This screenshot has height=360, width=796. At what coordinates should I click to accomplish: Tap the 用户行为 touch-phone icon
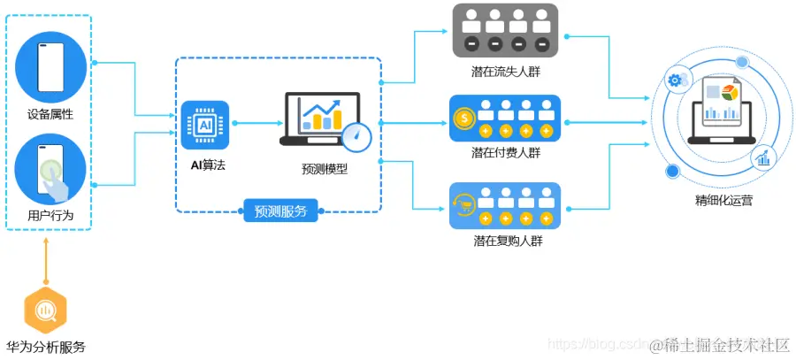50,169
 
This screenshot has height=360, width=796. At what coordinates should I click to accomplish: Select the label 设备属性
50,114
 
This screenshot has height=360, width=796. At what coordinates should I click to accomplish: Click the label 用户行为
50,216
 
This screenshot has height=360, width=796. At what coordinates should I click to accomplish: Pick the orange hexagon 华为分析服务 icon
45,310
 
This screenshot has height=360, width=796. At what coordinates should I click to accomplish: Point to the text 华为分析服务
45,347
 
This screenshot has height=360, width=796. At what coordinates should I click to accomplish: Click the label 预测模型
325,168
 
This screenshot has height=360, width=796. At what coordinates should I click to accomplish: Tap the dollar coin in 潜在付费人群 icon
463,117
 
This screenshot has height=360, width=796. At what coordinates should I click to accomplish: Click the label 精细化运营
723,201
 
